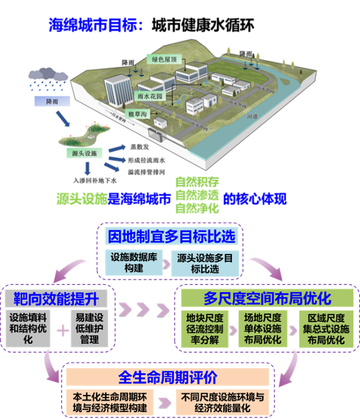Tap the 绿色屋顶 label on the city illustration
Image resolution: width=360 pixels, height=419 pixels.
tap(164, 58)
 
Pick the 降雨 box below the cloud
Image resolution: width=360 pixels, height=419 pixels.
tap(45, 101)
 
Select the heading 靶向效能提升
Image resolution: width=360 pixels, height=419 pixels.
tap(60, 298)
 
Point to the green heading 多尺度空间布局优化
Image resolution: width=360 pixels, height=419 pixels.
tap(268, 298)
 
